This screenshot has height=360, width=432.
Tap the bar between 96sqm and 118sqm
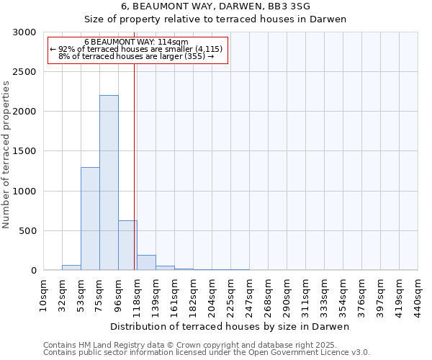coord(127,246)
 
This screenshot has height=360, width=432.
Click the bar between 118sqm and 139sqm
coord(146,263)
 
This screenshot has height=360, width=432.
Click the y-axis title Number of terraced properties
coord(6,155)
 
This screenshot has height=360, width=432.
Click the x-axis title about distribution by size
coord(230,327)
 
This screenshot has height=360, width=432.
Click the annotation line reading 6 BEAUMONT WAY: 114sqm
coord(136,42)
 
